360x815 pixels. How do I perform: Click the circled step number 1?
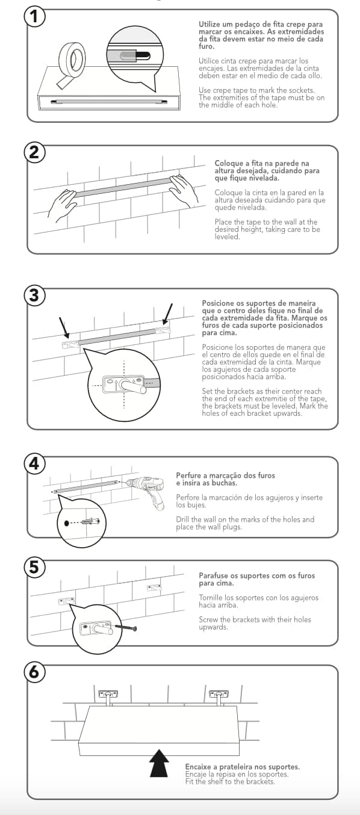pos(34,16)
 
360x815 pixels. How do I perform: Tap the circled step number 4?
pos(34,463)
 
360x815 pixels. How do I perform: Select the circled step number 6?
pos(34,672)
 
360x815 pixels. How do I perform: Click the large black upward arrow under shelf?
pos(159,763)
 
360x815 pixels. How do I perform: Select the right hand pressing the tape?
pos(184,191)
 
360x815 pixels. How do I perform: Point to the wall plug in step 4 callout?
pos(90,522)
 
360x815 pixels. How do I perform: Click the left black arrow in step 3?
pos(64,326)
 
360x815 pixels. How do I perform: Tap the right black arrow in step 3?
pos(167,314)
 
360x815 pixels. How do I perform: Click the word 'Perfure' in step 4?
pos(188,476)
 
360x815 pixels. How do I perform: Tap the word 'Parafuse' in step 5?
pos(213,575)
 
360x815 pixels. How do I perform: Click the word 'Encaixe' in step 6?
pos(199,767)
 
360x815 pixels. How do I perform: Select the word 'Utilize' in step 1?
pos(209,24)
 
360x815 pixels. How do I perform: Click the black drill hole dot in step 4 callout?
pos(67,523)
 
